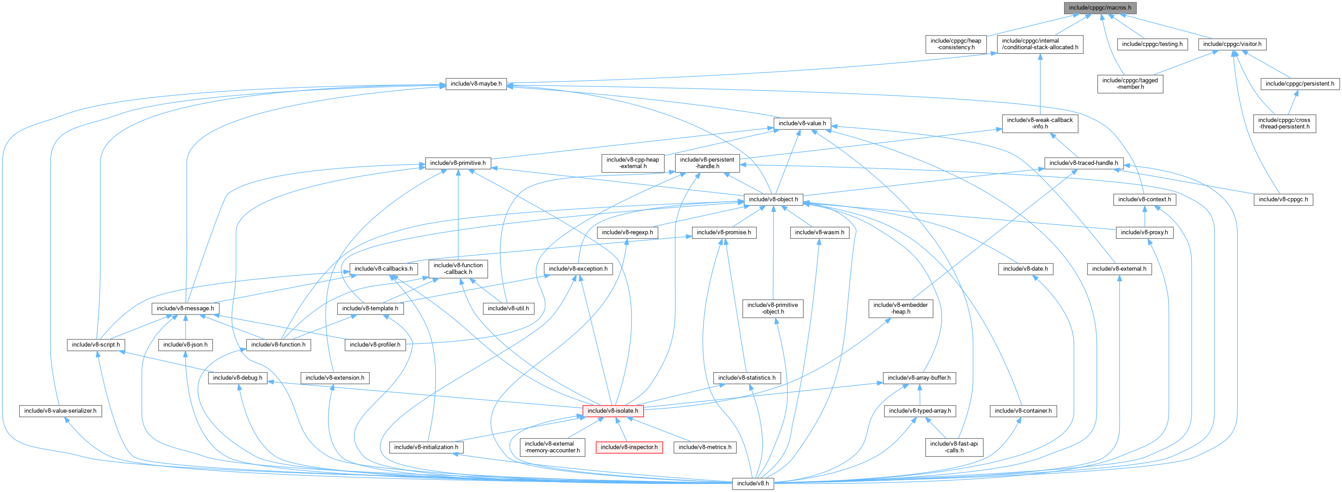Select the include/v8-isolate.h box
(612, 411)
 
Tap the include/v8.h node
(753, 483)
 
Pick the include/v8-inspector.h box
(629, 447)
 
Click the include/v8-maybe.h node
(476, 83)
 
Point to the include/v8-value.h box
(801, 123)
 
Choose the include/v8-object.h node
(773, 199)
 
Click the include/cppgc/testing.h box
(1151, 44)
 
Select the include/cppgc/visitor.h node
(1232, 44)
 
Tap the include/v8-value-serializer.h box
(60, 411)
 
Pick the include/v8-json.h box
(186, 345)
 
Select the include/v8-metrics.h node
(705, 447)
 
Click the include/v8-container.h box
(1023, 411)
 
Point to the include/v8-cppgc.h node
(1283, 199)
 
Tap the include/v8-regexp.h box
(627, 232)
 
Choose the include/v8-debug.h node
(237, 378)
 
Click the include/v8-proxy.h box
(1144, 232)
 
